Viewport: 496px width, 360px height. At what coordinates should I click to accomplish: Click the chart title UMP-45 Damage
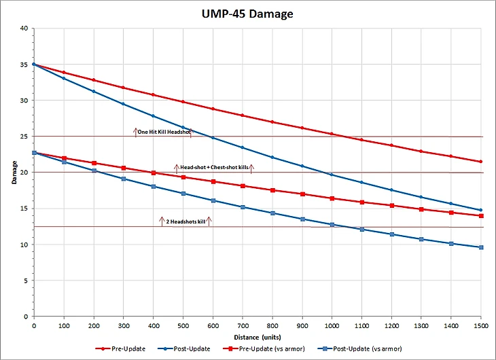pos(247,14)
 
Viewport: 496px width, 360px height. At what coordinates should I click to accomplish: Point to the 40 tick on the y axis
pos(24,29)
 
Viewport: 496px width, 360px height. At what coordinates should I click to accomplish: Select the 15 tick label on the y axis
pos(24,209)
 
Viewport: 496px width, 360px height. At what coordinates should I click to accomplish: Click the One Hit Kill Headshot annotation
pos(164,132)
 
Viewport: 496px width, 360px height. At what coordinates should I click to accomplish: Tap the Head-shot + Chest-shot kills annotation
pos(214,166)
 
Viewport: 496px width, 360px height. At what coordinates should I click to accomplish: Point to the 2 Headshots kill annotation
pos(185,221)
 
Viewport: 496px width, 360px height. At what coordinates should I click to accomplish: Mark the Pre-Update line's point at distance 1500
pos(480,162)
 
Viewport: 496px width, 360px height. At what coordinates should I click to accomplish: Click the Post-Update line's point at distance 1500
pos(480,210)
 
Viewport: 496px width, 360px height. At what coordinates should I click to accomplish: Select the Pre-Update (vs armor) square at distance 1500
pos(480,216)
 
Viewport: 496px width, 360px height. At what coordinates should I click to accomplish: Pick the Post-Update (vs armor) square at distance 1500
pos(480,247)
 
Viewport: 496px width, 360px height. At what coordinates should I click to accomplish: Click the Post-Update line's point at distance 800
pos(272,158)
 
